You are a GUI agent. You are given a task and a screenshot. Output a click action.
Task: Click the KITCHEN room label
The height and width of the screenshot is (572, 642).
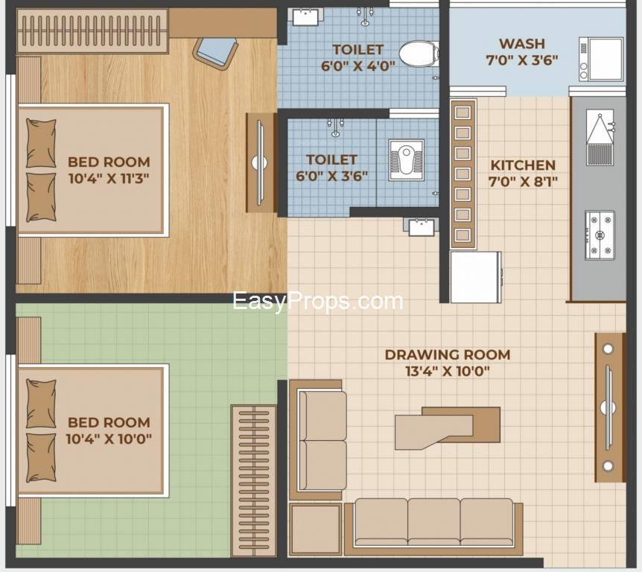523,165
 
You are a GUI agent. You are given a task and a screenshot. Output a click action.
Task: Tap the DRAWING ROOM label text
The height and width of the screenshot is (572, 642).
448,355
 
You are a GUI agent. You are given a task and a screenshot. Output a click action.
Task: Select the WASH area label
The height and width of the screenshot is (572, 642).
522,43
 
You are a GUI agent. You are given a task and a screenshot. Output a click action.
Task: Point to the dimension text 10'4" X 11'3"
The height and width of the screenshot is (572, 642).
109,179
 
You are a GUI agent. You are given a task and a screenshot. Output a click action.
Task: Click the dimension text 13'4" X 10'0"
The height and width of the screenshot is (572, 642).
448,372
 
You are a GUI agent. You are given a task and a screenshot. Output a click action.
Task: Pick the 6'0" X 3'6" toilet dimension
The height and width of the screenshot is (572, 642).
331,176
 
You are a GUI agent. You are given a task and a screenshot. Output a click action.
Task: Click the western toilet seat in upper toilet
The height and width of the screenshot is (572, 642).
419,54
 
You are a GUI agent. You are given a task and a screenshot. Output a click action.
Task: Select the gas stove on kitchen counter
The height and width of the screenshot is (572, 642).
600,235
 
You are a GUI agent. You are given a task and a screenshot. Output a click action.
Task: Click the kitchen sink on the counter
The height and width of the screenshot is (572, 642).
600,137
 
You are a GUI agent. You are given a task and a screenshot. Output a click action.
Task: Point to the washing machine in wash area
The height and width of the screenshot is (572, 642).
600,59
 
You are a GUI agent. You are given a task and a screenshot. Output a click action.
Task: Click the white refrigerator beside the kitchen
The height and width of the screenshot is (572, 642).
475,277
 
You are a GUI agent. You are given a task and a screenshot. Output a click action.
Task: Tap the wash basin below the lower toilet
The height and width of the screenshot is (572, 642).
422,227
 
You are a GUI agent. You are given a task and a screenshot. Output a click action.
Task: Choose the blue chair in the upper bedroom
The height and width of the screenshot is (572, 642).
216,53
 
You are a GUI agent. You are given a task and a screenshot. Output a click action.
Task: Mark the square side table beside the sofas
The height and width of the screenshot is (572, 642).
315,529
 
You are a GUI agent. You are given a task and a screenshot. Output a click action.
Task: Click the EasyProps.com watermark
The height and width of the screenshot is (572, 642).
318,302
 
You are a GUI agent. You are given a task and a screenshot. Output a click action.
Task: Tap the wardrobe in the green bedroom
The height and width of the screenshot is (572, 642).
253,481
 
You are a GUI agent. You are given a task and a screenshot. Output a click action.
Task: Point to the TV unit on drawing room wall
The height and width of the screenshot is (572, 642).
610,407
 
